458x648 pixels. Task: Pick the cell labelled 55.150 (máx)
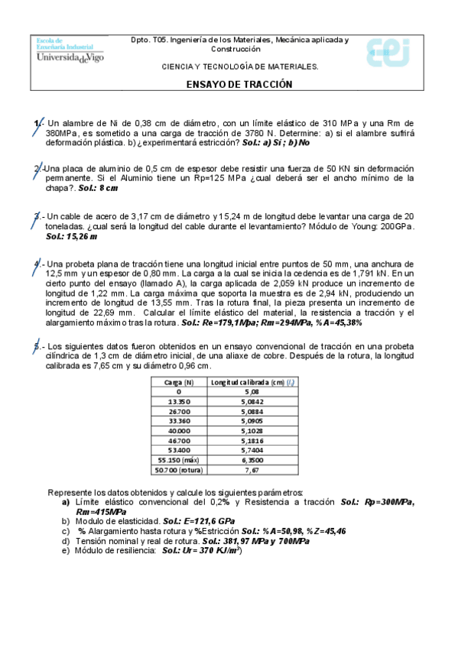[x=178, y=461]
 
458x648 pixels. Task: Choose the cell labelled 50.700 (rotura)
[x=178, y=471]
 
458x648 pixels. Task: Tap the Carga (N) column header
[x=178, y=381]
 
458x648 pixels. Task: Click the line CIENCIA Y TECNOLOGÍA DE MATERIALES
[x=239, y=66]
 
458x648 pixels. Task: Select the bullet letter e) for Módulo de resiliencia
[x=66, y=550]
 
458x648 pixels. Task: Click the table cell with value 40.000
[x=178, y=431]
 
